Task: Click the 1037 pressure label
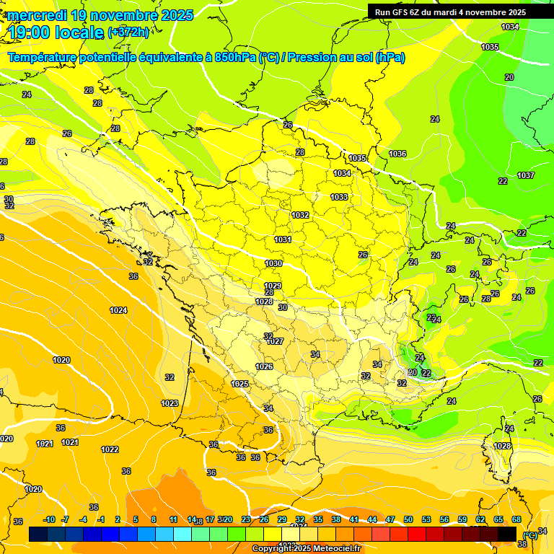click(525, 176)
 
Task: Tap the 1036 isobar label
click(397, 154)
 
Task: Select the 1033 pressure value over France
click(339, 197)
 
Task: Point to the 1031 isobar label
click(283, 239)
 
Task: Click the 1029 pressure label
click(273, 286)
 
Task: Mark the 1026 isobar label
click(264, 366)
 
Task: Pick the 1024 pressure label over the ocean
click(118, 310)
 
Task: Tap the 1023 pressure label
click(170, 403)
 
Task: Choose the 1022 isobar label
click(110, 449)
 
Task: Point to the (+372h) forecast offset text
click(128, 32)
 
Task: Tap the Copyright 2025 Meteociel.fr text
click(306, 548)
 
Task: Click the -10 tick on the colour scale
click(49, 519)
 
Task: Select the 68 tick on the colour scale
click(516, 519)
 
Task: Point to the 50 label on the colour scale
click(408, 519)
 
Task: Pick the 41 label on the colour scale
click(354, 519)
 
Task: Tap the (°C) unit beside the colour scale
click(529, 534)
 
